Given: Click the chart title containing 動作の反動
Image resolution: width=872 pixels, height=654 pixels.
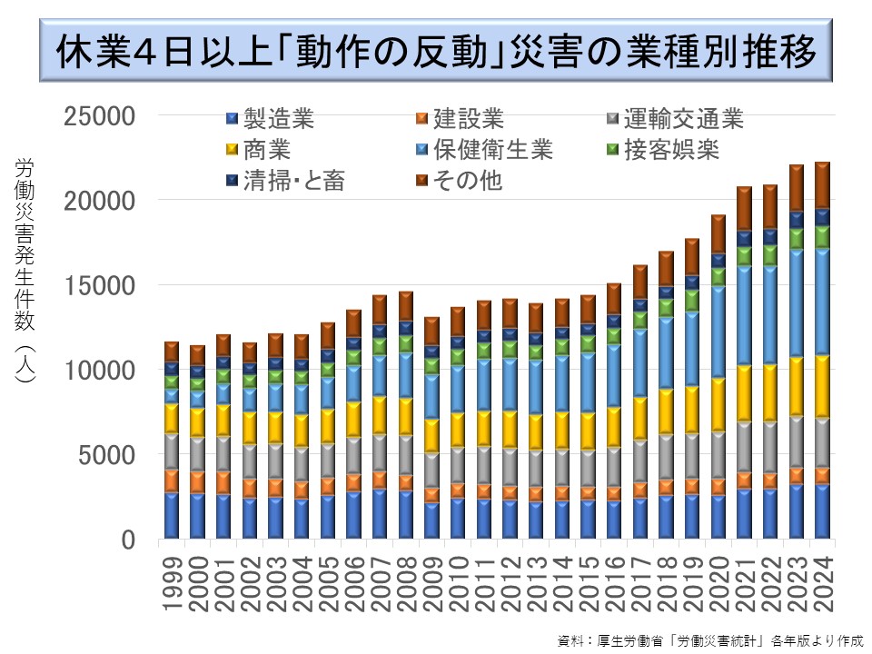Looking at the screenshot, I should tap(435, 54).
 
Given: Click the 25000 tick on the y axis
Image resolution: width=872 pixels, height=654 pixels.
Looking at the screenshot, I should tap(103, 116).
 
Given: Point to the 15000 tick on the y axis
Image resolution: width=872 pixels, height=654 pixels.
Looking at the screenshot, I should tap(103, 286).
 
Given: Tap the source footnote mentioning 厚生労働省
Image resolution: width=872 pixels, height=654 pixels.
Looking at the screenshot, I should tap(709, 639).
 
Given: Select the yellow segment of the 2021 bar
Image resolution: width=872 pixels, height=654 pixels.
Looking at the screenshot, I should tap(744, 392).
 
